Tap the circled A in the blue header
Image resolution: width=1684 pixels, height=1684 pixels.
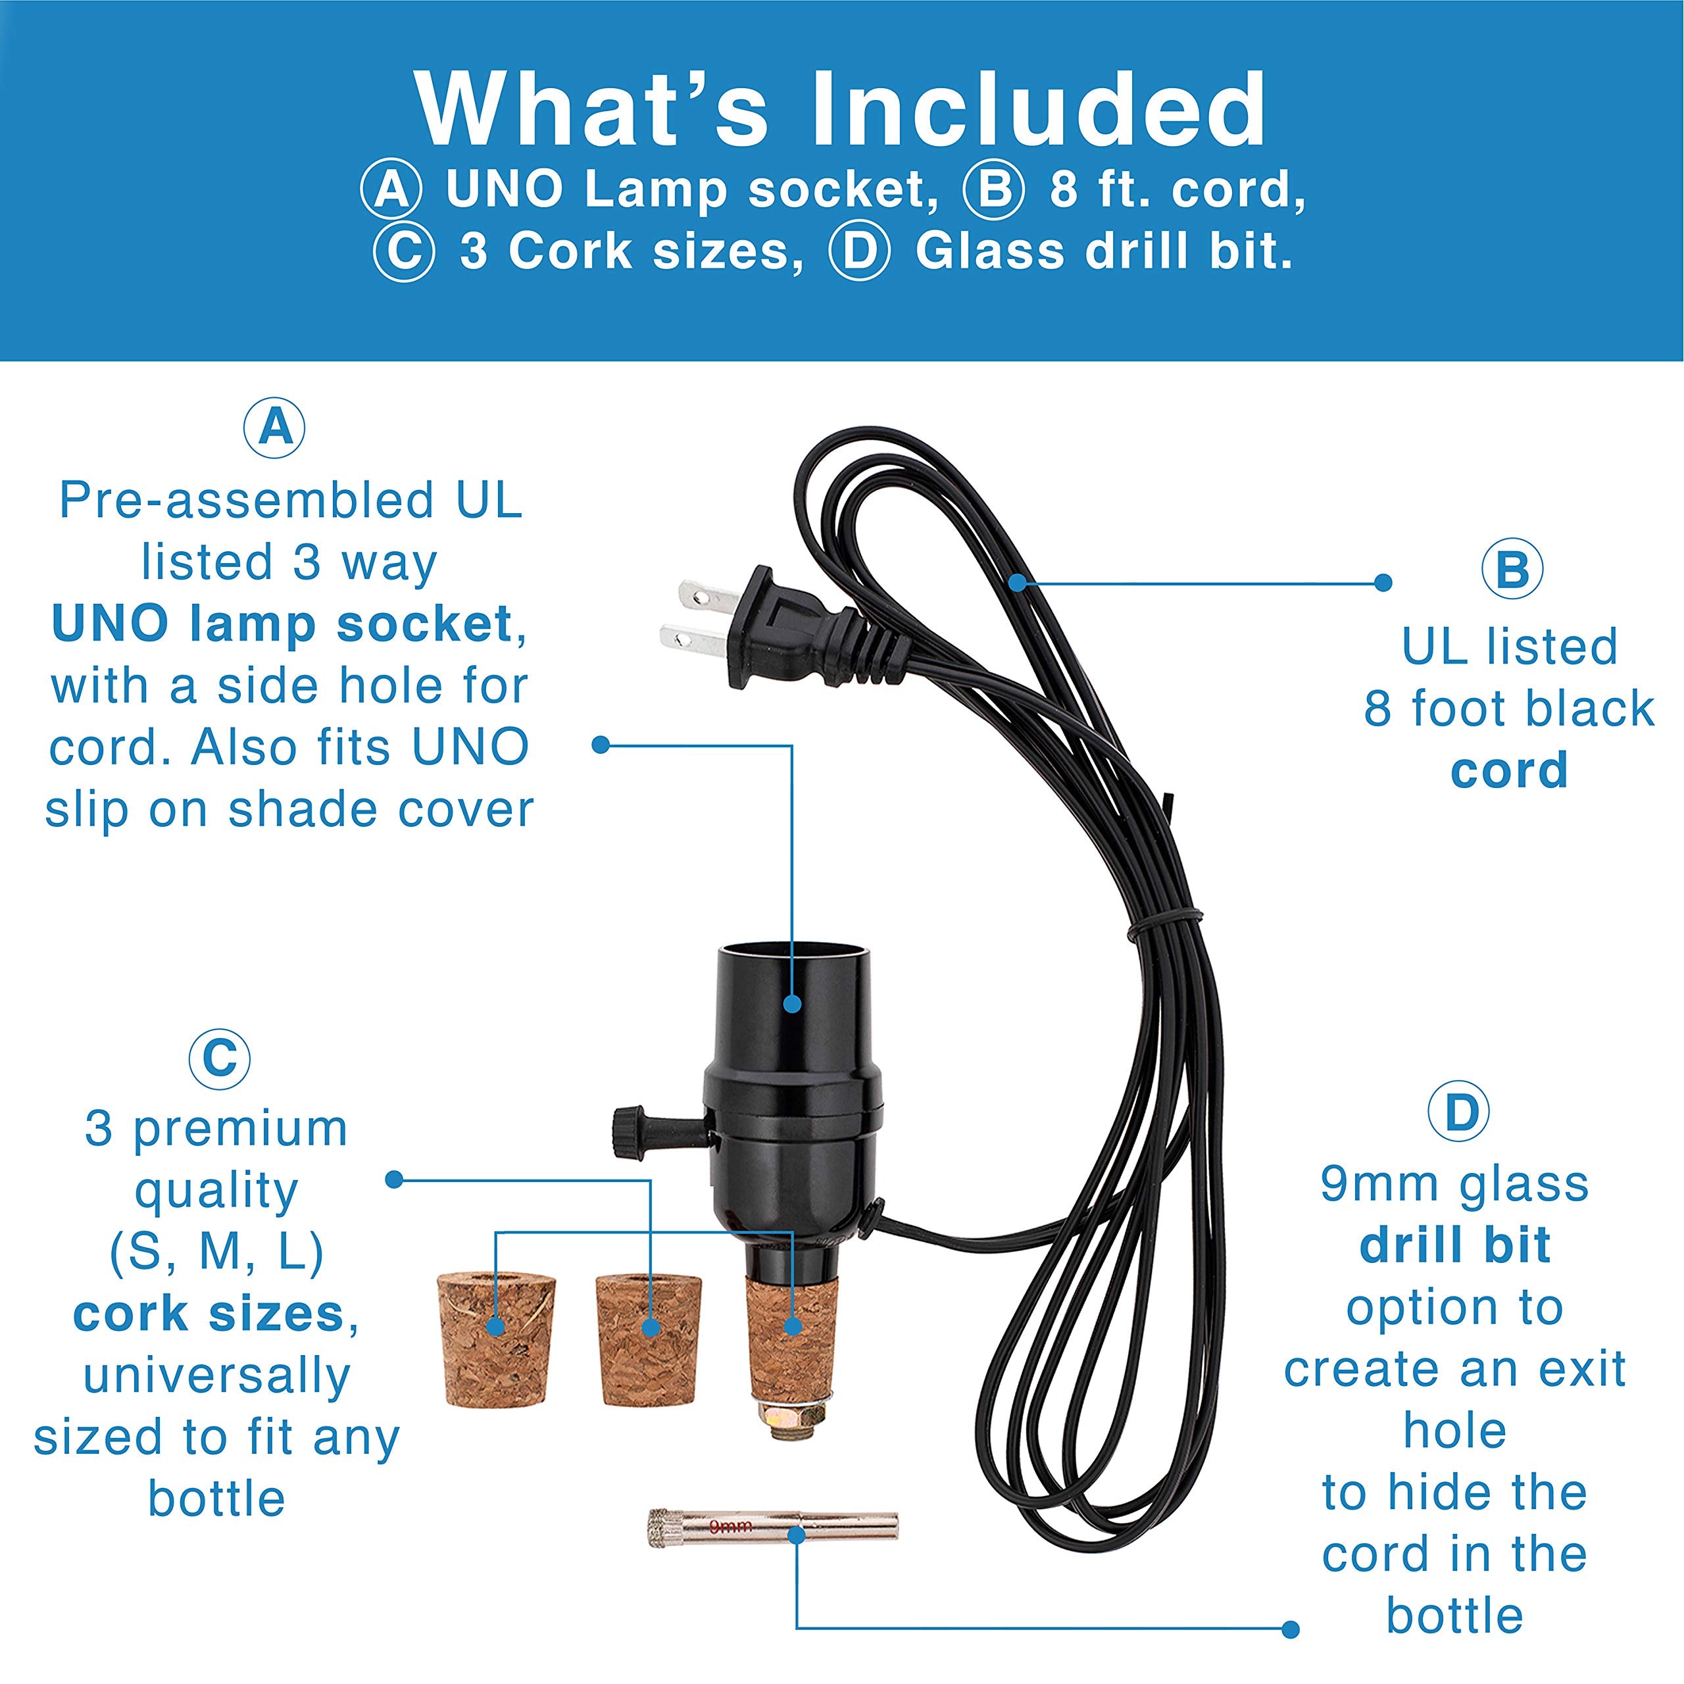[x=391, y=189]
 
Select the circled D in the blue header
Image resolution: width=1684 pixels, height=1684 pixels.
[x=860, y=252]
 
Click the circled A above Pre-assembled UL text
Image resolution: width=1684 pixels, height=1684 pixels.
[x=274, y=428]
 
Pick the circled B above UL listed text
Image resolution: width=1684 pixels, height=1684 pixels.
[x=1512, y=569]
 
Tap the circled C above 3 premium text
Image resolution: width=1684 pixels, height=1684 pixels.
[x=220, y=1059]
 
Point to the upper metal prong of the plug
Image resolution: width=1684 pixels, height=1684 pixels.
[x=706, y=596]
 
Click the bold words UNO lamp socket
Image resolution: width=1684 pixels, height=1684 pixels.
[x=282, y=624]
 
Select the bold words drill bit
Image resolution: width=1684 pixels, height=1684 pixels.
[x=1455, y=1245]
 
